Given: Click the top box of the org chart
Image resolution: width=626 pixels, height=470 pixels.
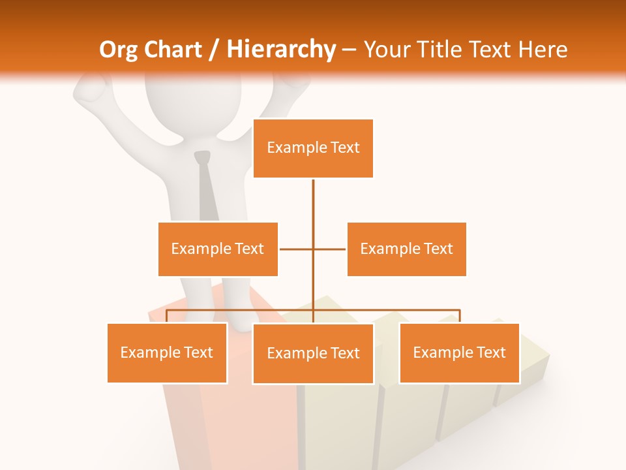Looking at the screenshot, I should coord(313,148).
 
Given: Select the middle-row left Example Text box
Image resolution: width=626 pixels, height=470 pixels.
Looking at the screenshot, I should coord(218,249).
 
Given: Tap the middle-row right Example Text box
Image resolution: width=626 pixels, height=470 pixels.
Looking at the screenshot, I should coord(406,249).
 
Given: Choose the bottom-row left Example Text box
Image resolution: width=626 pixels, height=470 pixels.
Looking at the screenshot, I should coord(167,352).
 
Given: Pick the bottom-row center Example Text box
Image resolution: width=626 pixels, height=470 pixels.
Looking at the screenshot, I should coord(313,353).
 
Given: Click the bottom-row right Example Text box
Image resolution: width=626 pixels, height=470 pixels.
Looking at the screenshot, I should coord(459,352).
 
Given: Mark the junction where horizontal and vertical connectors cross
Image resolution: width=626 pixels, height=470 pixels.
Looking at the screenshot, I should coord(313,249).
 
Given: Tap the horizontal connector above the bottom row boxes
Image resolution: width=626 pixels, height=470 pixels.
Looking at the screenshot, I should coord(391,310).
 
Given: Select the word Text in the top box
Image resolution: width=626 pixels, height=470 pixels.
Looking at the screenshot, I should coord(344,148).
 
